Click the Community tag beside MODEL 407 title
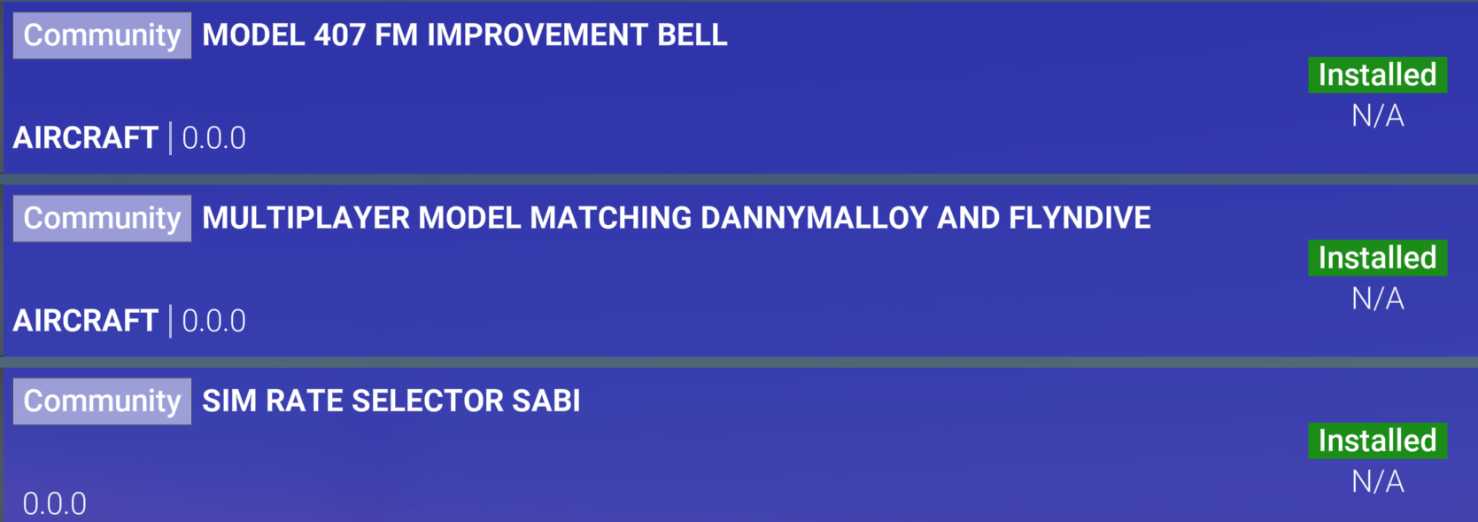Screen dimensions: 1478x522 pyautogui.click(x=102, y=35)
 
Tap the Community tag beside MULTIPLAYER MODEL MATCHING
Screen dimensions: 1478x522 pyautogui.click(x=102, y=218)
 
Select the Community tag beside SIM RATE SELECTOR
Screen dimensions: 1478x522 pyautogui.click(x=102, y=401)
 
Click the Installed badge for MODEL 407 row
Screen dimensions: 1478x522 pyautogui.click(x=1378, y=75)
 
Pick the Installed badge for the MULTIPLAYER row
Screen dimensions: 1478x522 pyautogui.click(x=1378, y=258)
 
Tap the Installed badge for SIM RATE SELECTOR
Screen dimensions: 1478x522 pyautogui.click(x=1378, y=440)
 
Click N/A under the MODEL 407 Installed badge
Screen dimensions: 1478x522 pyautogui.click(x=1378, y=116)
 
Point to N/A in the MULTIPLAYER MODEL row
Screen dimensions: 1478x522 pyautogui.click(x=1378, y=299)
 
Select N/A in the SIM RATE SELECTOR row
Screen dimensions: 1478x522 pyautogui.click(x=1378, y=482)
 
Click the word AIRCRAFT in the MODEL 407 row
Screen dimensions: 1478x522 pyautogui.click(x=86, y=138)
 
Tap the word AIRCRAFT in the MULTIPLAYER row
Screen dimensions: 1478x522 pyautogui.click(x=86, y=321)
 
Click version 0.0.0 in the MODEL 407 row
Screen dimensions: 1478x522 pyautogui.click(x=213, y=138)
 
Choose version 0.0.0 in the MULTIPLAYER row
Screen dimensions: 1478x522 pyautogui.click(x=213, y=321)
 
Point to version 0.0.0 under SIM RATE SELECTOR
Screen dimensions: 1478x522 pyautogui.click(x=55, y=504)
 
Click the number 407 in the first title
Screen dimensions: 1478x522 pyautogui.click(x=339, y=35)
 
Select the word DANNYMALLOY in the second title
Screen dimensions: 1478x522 pyautogui.click(x=814, y=218)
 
